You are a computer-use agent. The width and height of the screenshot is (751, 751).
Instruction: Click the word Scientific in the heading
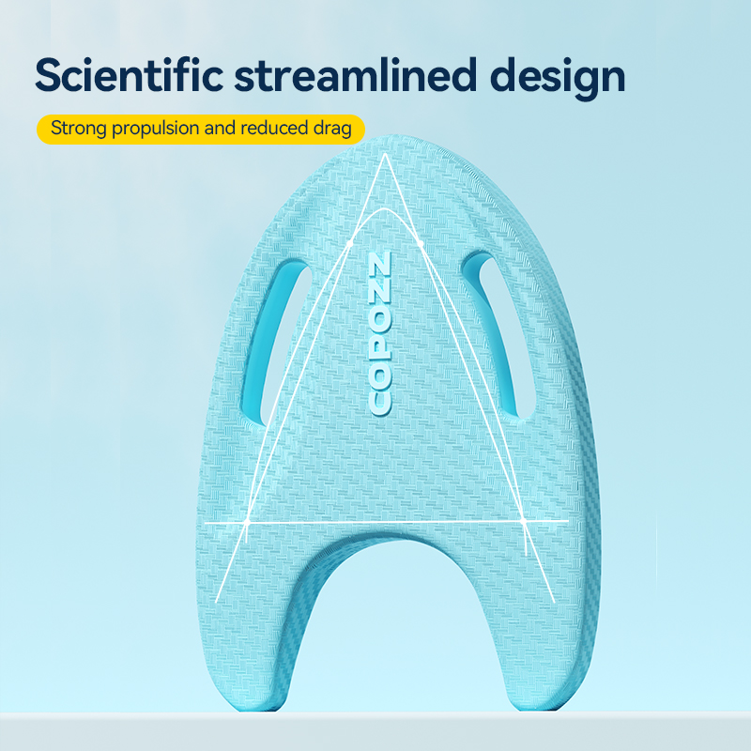click(130, 75)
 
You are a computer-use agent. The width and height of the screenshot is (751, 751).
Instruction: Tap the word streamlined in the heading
click(356, 75)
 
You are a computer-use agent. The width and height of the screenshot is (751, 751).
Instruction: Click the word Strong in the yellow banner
click(78, 129)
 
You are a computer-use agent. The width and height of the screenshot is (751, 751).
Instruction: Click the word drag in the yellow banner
click(333, 130)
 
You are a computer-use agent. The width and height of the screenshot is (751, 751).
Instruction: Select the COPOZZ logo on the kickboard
click(380, 334)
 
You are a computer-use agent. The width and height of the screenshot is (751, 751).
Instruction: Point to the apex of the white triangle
click(385, 154)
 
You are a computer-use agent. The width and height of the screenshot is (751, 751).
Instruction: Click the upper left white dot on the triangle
click(349, 243)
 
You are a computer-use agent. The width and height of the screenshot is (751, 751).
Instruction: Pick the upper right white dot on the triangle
click(421, 243)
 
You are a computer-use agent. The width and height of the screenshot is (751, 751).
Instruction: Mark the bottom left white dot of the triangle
click(247, 521)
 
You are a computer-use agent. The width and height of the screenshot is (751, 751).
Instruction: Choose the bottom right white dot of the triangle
click(523, 520)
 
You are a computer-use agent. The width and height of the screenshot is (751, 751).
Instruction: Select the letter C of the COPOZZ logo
click(380, 405)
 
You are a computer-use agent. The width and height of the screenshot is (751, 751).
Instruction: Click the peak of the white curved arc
click(383, 208)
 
